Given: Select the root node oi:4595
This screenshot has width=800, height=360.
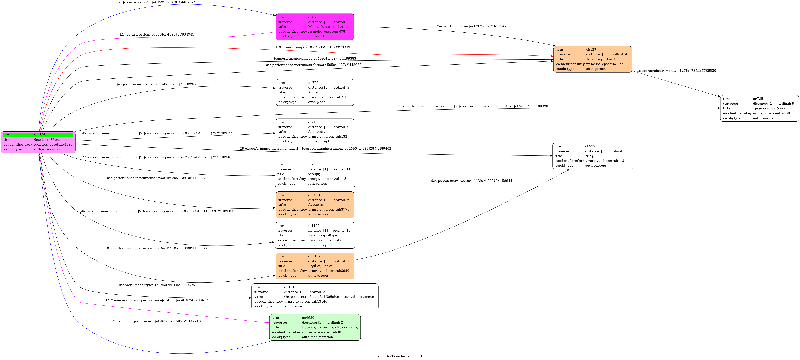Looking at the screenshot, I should [x=38, y=142].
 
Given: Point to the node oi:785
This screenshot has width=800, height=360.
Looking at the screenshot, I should [x=759, y=108].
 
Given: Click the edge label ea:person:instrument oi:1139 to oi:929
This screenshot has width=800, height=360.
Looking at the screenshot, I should [x=471, y=181].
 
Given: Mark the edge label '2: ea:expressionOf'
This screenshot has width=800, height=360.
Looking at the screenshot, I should [x=157, y=2].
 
